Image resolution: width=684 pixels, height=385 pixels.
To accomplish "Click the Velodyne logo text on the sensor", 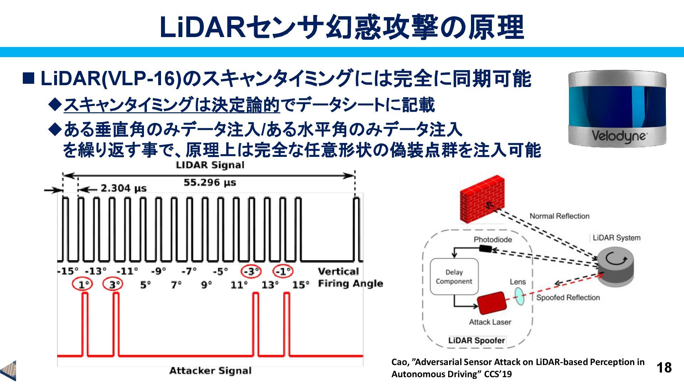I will click(619, 136).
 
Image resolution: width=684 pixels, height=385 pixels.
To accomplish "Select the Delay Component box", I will click(454, 277).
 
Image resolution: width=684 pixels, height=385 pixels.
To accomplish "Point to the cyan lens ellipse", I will click(520, 296).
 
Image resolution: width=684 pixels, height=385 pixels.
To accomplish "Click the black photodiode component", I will click(485, 249).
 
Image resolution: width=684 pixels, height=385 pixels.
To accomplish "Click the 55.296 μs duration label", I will click(209, 183).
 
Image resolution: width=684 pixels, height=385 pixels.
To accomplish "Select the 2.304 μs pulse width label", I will click(123, 188).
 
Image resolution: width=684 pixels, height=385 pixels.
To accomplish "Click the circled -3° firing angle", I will click(251, 272).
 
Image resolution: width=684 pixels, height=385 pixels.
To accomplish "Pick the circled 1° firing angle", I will click(83, 284).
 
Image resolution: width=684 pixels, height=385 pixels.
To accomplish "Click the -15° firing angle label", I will click(68, 272).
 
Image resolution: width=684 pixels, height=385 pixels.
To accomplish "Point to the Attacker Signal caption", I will click(210, 371).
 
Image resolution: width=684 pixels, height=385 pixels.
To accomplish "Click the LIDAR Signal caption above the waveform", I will click(210, 165).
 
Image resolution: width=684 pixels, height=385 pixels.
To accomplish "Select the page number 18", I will click(664, 368).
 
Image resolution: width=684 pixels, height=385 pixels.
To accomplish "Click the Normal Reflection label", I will click(559, 216).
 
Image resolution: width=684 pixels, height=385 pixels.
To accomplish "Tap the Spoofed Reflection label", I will click(568, 297).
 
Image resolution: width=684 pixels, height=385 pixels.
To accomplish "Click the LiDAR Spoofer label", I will click(476, 340).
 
